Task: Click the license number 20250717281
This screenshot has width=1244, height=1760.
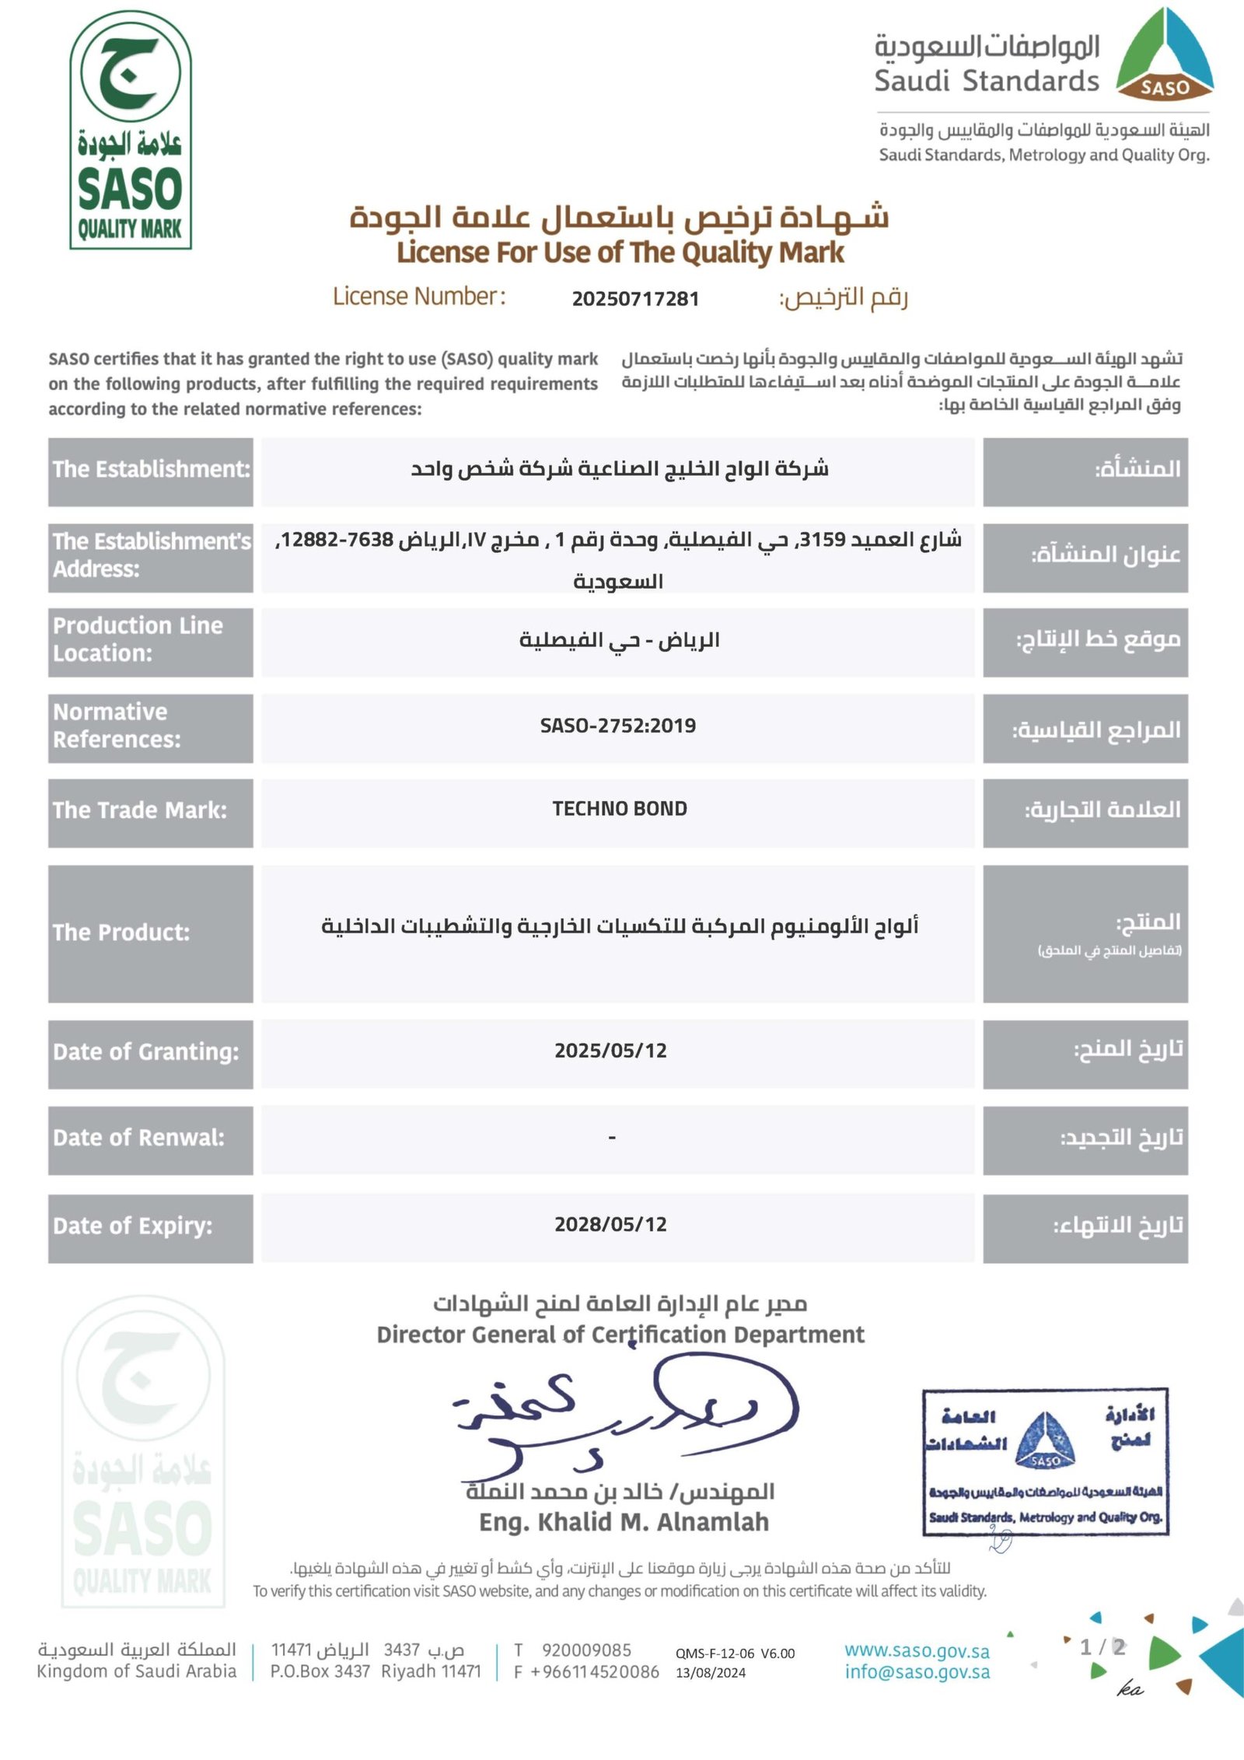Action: [635, 299]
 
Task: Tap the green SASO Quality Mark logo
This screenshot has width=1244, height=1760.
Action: [131, 131]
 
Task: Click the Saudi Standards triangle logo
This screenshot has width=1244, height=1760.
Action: [1165, 56]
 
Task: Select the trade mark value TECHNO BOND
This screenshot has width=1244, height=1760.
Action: [620, 809]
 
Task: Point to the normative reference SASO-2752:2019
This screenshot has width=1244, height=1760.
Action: [618, 726]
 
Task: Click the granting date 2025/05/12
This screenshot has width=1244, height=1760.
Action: [610, 1051]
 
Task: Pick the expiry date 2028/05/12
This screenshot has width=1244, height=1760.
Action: [610, 1224]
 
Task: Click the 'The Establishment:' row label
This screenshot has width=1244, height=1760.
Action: [151, 469]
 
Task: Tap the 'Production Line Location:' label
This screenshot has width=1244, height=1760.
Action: [138, 639]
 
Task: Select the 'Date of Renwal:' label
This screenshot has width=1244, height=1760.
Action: [138, 1138]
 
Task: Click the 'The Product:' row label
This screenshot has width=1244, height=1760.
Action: [121, 932]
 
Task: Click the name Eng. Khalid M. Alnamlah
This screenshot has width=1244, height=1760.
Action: [624, 1521]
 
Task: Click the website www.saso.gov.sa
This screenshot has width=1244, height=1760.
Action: [917, 1650]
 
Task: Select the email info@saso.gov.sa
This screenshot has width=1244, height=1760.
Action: [917, 1672]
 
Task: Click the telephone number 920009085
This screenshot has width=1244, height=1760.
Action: [586, 1650]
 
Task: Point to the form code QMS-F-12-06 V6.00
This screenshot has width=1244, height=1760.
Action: [735, 1653]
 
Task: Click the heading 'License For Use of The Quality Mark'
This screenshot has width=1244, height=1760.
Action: [620, 253]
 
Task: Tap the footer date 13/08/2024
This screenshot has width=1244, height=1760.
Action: [710, 1673]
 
